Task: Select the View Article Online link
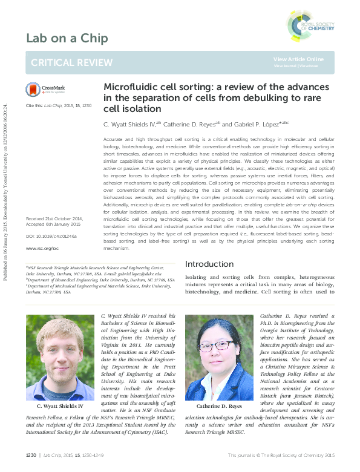pyautogui.click(x=298, y=59)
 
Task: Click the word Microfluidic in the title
pyautogui.click(x=129, y=87)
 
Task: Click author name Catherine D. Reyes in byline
pyautogui.click(x=188, y=123)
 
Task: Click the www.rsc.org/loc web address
pyautogui.click(x=42, y=248)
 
